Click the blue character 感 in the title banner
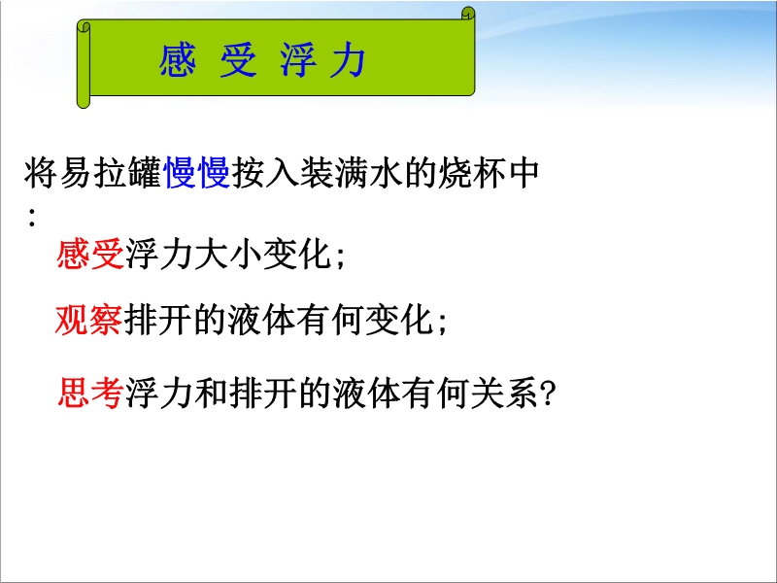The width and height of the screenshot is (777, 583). click(x=177, y=60)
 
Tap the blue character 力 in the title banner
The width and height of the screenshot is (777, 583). click(x=348, y=60)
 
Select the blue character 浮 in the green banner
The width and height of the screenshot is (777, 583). click(x=298, y=60)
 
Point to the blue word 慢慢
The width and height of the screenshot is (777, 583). click(x=197, y=173)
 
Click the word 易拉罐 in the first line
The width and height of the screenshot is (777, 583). click(x=111, y=173)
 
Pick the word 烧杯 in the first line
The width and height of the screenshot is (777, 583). click(x=471, y=173)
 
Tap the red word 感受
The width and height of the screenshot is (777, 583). click(x=90, y=255)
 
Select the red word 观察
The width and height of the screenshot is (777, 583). click(x=89, y=320)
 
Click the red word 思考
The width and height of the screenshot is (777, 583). click(x=90, y=393)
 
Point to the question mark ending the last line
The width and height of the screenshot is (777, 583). click(x=548, y=394)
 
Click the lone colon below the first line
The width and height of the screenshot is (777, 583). click(x=32, y=218)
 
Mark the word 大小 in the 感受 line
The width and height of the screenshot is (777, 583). click(x=227, y=255)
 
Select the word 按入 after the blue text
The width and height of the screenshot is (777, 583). click(x=265, y=173)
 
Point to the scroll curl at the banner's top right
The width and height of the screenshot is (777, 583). click(x=468, y=14)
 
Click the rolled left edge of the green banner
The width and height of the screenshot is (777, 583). click(x=84, y=64)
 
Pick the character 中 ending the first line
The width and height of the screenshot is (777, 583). click(x=523, y=173)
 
